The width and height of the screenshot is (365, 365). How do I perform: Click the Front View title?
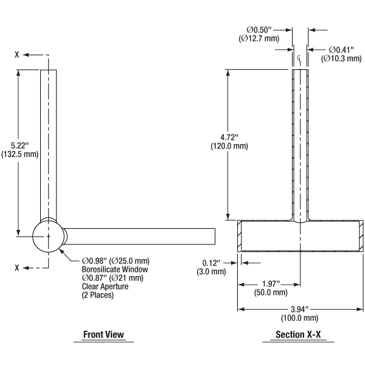coord(103,334)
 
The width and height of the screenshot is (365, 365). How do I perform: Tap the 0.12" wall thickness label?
coord(212,263)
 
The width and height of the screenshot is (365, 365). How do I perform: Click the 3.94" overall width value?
coord(298,308)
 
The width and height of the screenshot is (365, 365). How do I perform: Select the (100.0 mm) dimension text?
coord(298,318)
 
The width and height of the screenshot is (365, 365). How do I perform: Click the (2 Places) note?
coord(98,295)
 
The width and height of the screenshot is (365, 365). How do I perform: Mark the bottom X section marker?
coord(18,267)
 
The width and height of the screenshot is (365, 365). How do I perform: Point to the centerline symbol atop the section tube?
coord(300,58)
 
